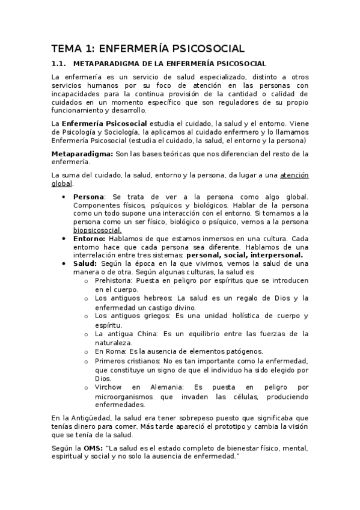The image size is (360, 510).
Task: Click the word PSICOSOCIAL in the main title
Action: (207, 48)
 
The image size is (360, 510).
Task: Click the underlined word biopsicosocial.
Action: (97, 230)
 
